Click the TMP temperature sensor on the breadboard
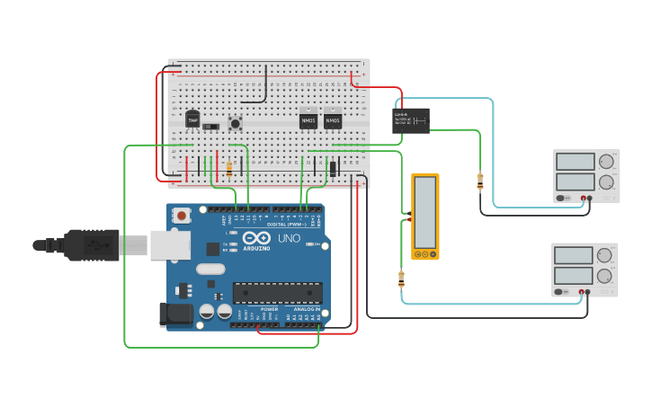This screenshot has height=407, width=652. (x=192, y=119)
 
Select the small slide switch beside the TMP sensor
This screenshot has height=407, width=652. (x=211, y=127)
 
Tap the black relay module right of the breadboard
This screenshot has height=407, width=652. (x=410, y=120)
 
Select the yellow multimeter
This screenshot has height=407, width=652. (x=425, y=217)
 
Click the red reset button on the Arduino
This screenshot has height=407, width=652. (x=183, y=216)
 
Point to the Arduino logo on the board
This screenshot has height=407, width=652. (x=256, y=239)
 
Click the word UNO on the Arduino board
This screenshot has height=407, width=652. (x=289, y=239)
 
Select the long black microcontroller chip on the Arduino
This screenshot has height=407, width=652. (x=277, y=293)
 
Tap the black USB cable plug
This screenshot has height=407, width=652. (x=90, y=244)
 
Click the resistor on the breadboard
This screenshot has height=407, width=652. (x=229, y=168)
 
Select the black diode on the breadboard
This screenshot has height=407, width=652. (x=333, y=168)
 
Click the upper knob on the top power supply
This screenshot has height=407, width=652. (x=606, y=163)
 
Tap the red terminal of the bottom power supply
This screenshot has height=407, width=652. (x=582, y=292)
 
